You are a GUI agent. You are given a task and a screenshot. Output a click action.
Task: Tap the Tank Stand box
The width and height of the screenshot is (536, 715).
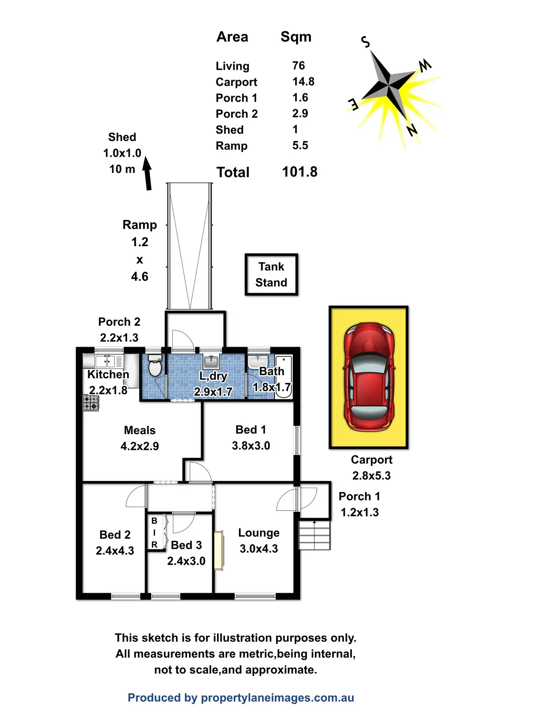pos(271,275)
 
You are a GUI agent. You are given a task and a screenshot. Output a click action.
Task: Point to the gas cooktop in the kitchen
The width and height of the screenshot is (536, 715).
pos(91,403)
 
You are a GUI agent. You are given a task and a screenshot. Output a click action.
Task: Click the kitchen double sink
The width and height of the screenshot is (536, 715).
pos(105,361)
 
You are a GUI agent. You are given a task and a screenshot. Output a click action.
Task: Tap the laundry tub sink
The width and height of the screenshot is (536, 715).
pos(211,362)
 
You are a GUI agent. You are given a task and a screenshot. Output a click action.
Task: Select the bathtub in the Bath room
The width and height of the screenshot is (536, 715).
pos(283,377)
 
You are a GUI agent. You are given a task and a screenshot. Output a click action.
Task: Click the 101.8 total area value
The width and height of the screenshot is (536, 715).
pos(300,172)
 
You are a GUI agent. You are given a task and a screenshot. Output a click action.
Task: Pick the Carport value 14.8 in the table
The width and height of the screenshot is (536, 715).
pos(303,82)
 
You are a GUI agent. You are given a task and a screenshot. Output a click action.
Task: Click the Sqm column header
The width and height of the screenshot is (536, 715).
pos(296,37)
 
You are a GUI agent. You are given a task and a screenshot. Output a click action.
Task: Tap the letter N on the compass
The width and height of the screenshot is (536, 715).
pos(412,130)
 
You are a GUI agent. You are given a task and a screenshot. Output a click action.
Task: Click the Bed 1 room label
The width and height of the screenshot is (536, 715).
pos(251,430)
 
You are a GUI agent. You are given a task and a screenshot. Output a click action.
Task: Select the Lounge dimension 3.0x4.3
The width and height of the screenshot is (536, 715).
pos(259,549)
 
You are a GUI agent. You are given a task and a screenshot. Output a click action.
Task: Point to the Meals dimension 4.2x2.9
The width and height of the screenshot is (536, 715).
pos(139,446)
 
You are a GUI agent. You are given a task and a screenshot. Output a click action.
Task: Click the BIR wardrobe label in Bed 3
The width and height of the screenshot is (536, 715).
pos(154,533)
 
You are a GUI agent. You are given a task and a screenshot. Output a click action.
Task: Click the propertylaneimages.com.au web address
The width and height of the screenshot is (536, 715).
pos(277,698)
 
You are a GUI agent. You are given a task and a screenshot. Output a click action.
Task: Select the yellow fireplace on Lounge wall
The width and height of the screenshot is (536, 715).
pos(218,550)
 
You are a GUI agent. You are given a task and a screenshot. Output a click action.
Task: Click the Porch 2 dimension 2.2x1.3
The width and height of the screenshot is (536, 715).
pos(119,338)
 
